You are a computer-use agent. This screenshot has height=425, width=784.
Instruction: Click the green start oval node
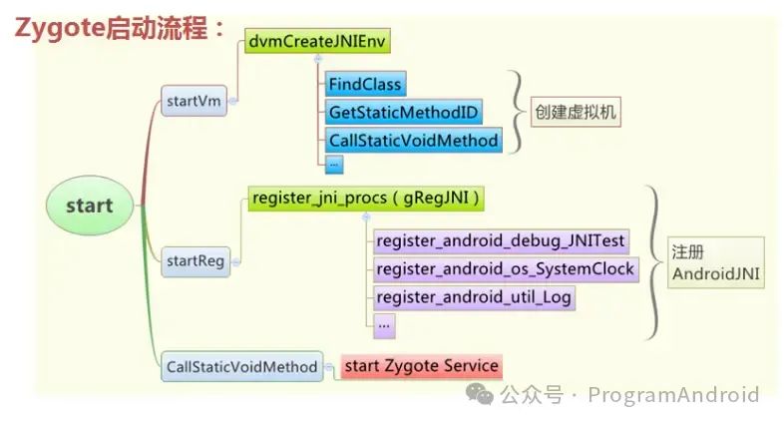(x=89, y=207)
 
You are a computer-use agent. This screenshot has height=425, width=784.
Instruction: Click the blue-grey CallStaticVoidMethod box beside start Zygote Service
(x=240, y=366)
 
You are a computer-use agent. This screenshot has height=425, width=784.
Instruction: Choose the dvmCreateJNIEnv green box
(x=318, y=41)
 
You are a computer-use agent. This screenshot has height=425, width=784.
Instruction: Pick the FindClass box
(x=364, y=84)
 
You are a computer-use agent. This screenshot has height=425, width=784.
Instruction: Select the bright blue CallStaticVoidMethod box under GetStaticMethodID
(x=413, y=140)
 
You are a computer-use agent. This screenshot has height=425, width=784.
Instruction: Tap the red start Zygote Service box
(x=420, y=366)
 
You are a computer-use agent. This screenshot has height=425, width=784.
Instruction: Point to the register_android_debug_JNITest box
(x=500, y=240)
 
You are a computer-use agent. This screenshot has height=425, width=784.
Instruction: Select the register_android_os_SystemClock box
(x=505, y=268)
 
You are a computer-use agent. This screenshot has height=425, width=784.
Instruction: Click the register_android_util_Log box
(x=475, y=296)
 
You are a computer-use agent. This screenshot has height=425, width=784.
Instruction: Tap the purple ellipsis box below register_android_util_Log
(x=385, y=323)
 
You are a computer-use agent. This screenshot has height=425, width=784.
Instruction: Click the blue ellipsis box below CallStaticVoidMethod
(x=334, y=162)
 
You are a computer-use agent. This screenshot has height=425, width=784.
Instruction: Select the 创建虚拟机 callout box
(x=575, y=112)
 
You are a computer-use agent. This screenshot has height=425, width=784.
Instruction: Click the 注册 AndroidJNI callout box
(x=716, y=262)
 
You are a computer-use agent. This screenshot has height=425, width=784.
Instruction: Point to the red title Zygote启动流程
(x=121, y=27)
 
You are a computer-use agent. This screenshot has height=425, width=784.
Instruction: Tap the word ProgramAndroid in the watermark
(x=673, y=395)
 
